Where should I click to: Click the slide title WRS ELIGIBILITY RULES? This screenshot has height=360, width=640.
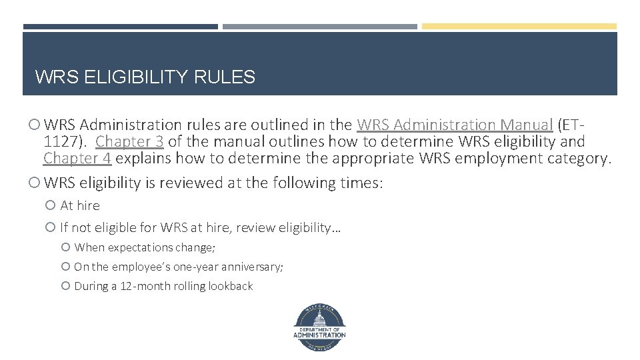tap(145, 77)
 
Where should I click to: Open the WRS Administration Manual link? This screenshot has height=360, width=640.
tap(455, 125)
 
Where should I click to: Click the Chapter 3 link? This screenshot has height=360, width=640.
tap(130, 141)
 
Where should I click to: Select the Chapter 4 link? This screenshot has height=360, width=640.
tap(77, 159)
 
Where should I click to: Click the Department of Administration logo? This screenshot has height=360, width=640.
tap(319, 327)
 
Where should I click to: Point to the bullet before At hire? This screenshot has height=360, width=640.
tap(52, 206)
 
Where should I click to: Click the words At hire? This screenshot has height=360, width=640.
tap(80, 206)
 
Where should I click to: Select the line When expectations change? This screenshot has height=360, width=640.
tap(145, 247)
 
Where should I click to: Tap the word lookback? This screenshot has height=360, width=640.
tap(231, 286)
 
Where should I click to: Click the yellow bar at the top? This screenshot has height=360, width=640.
tap(519, 27)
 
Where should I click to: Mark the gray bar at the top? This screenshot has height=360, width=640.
tap(319, 27)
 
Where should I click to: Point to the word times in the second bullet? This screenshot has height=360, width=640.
tap(363, 183)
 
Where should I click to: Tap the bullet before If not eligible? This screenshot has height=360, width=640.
tap(52, 228)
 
